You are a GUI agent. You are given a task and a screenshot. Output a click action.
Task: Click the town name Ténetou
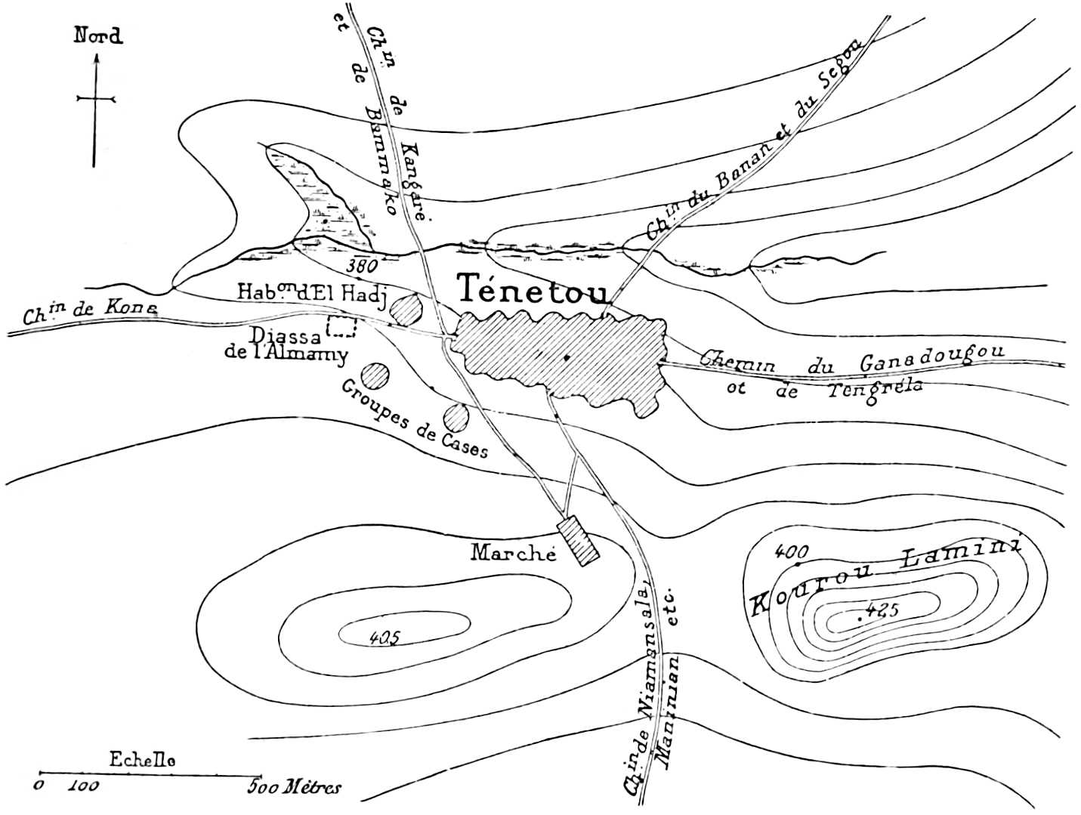click(533, 290)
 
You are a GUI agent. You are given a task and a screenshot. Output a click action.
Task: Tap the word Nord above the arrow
click(98, 36)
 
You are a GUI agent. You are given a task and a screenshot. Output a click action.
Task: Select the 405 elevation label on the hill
click(385, 637)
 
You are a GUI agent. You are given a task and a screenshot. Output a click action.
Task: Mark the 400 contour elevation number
click(792, 551)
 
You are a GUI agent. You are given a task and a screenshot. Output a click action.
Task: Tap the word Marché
click(513, 553)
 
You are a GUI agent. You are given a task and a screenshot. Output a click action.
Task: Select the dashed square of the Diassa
click(341, 326)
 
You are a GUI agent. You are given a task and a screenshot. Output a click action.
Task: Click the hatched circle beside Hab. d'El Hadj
click(408, 310)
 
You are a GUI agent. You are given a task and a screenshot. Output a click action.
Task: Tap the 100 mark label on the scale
click(83, 786)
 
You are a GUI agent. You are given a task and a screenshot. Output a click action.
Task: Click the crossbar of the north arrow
click(96, 98)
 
